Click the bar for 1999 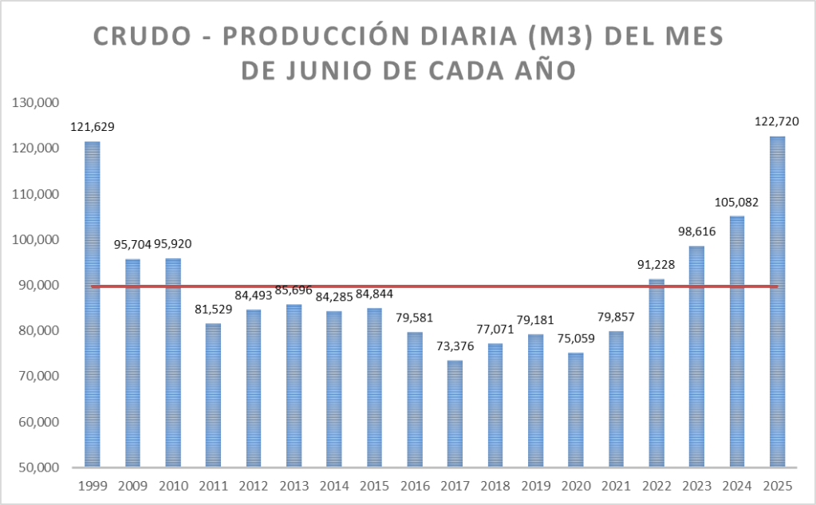point(93,304)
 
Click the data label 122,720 point(777,122)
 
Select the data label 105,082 point(736,202)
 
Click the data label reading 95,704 point(132,244)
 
